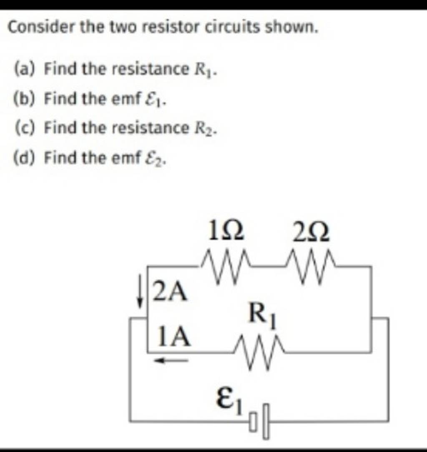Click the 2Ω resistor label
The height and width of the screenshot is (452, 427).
pos(311,233)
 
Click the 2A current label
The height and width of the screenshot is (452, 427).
pos(169,292)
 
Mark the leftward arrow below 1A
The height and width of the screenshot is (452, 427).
pos(171,361)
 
